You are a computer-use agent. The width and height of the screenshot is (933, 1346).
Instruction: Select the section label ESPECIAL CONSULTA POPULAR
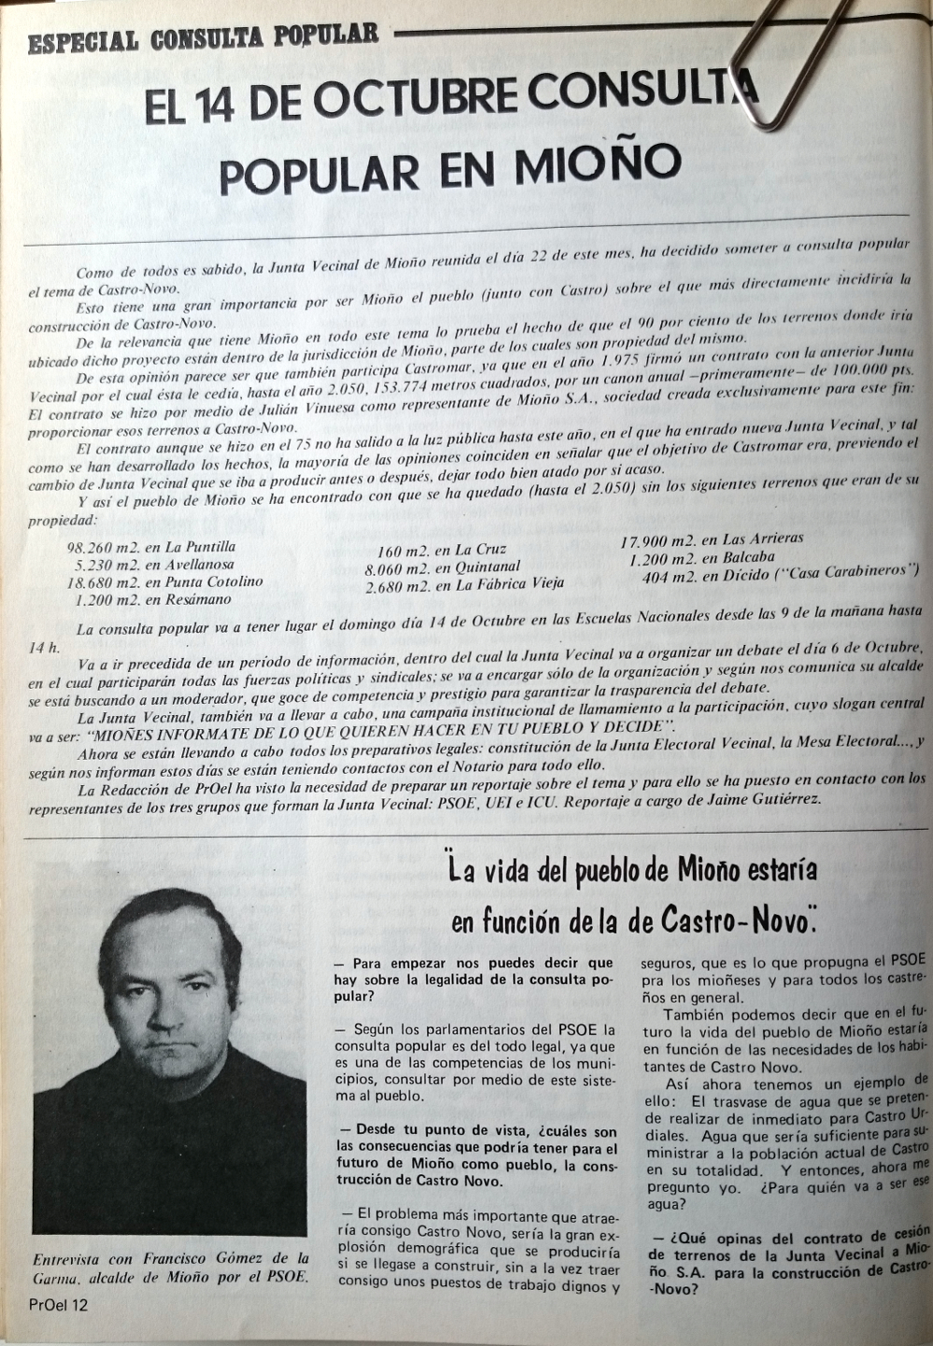coord(204,36)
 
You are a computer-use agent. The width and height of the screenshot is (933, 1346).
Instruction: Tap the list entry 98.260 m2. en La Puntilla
coord(151,547)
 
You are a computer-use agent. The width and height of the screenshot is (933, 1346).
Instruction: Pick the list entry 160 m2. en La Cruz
coord(441,550)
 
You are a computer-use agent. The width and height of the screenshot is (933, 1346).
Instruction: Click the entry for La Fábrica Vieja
coord(464,585)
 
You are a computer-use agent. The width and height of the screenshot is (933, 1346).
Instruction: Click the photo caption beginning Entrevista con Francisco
coord(170,1267)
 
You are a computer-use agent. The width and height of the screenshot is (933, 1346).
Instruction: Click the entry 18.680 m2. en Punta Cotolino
coord(165,582)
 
